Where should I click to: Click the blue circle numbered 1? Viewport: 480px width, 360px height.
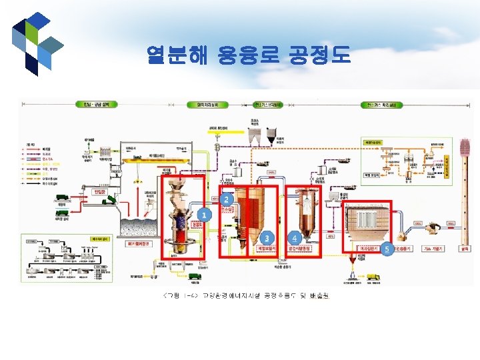click(205, 215)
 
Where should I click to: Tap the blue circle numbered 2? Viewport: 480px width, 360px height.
click(227, 199)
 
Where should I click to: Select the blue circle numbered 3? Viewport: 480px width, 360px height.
click(267, 237)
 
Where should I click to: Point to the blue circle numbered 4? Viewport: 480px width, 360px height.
click(295, 237)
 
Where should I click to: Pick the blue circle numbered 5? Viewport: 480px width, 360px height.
click(387, 247)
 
